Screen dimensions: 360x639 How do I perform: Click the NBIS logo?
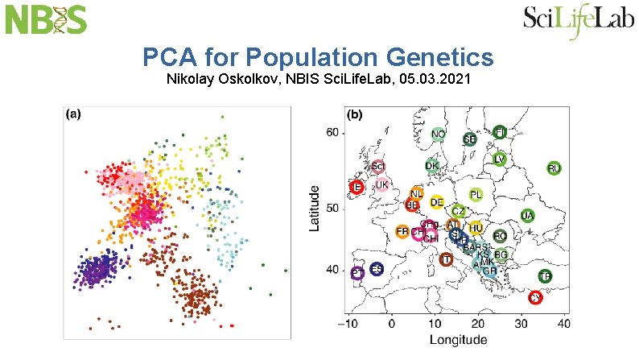coord(47,19)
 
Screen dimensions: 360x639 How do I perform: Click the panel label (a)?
coord(72,114)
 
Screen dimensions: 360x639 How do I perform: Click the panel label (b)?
coord(354,114)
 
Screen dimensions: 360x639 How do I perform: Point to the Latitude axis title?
coord(316,209)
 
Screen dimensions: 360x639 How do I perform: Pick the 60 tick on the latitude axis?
coord(332,132)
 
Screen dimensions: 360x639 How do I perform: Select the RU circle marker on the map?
coord(554,168)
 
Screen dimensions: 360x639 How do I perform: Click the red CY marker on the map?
coord(536,297)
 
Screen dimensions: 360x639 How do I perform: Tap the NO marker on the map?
coord(439,134)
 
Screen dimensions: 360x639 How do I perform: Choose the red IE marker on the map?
coord(357,187)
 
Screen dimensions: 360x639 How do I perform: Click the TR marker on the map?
coord(546,276)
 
